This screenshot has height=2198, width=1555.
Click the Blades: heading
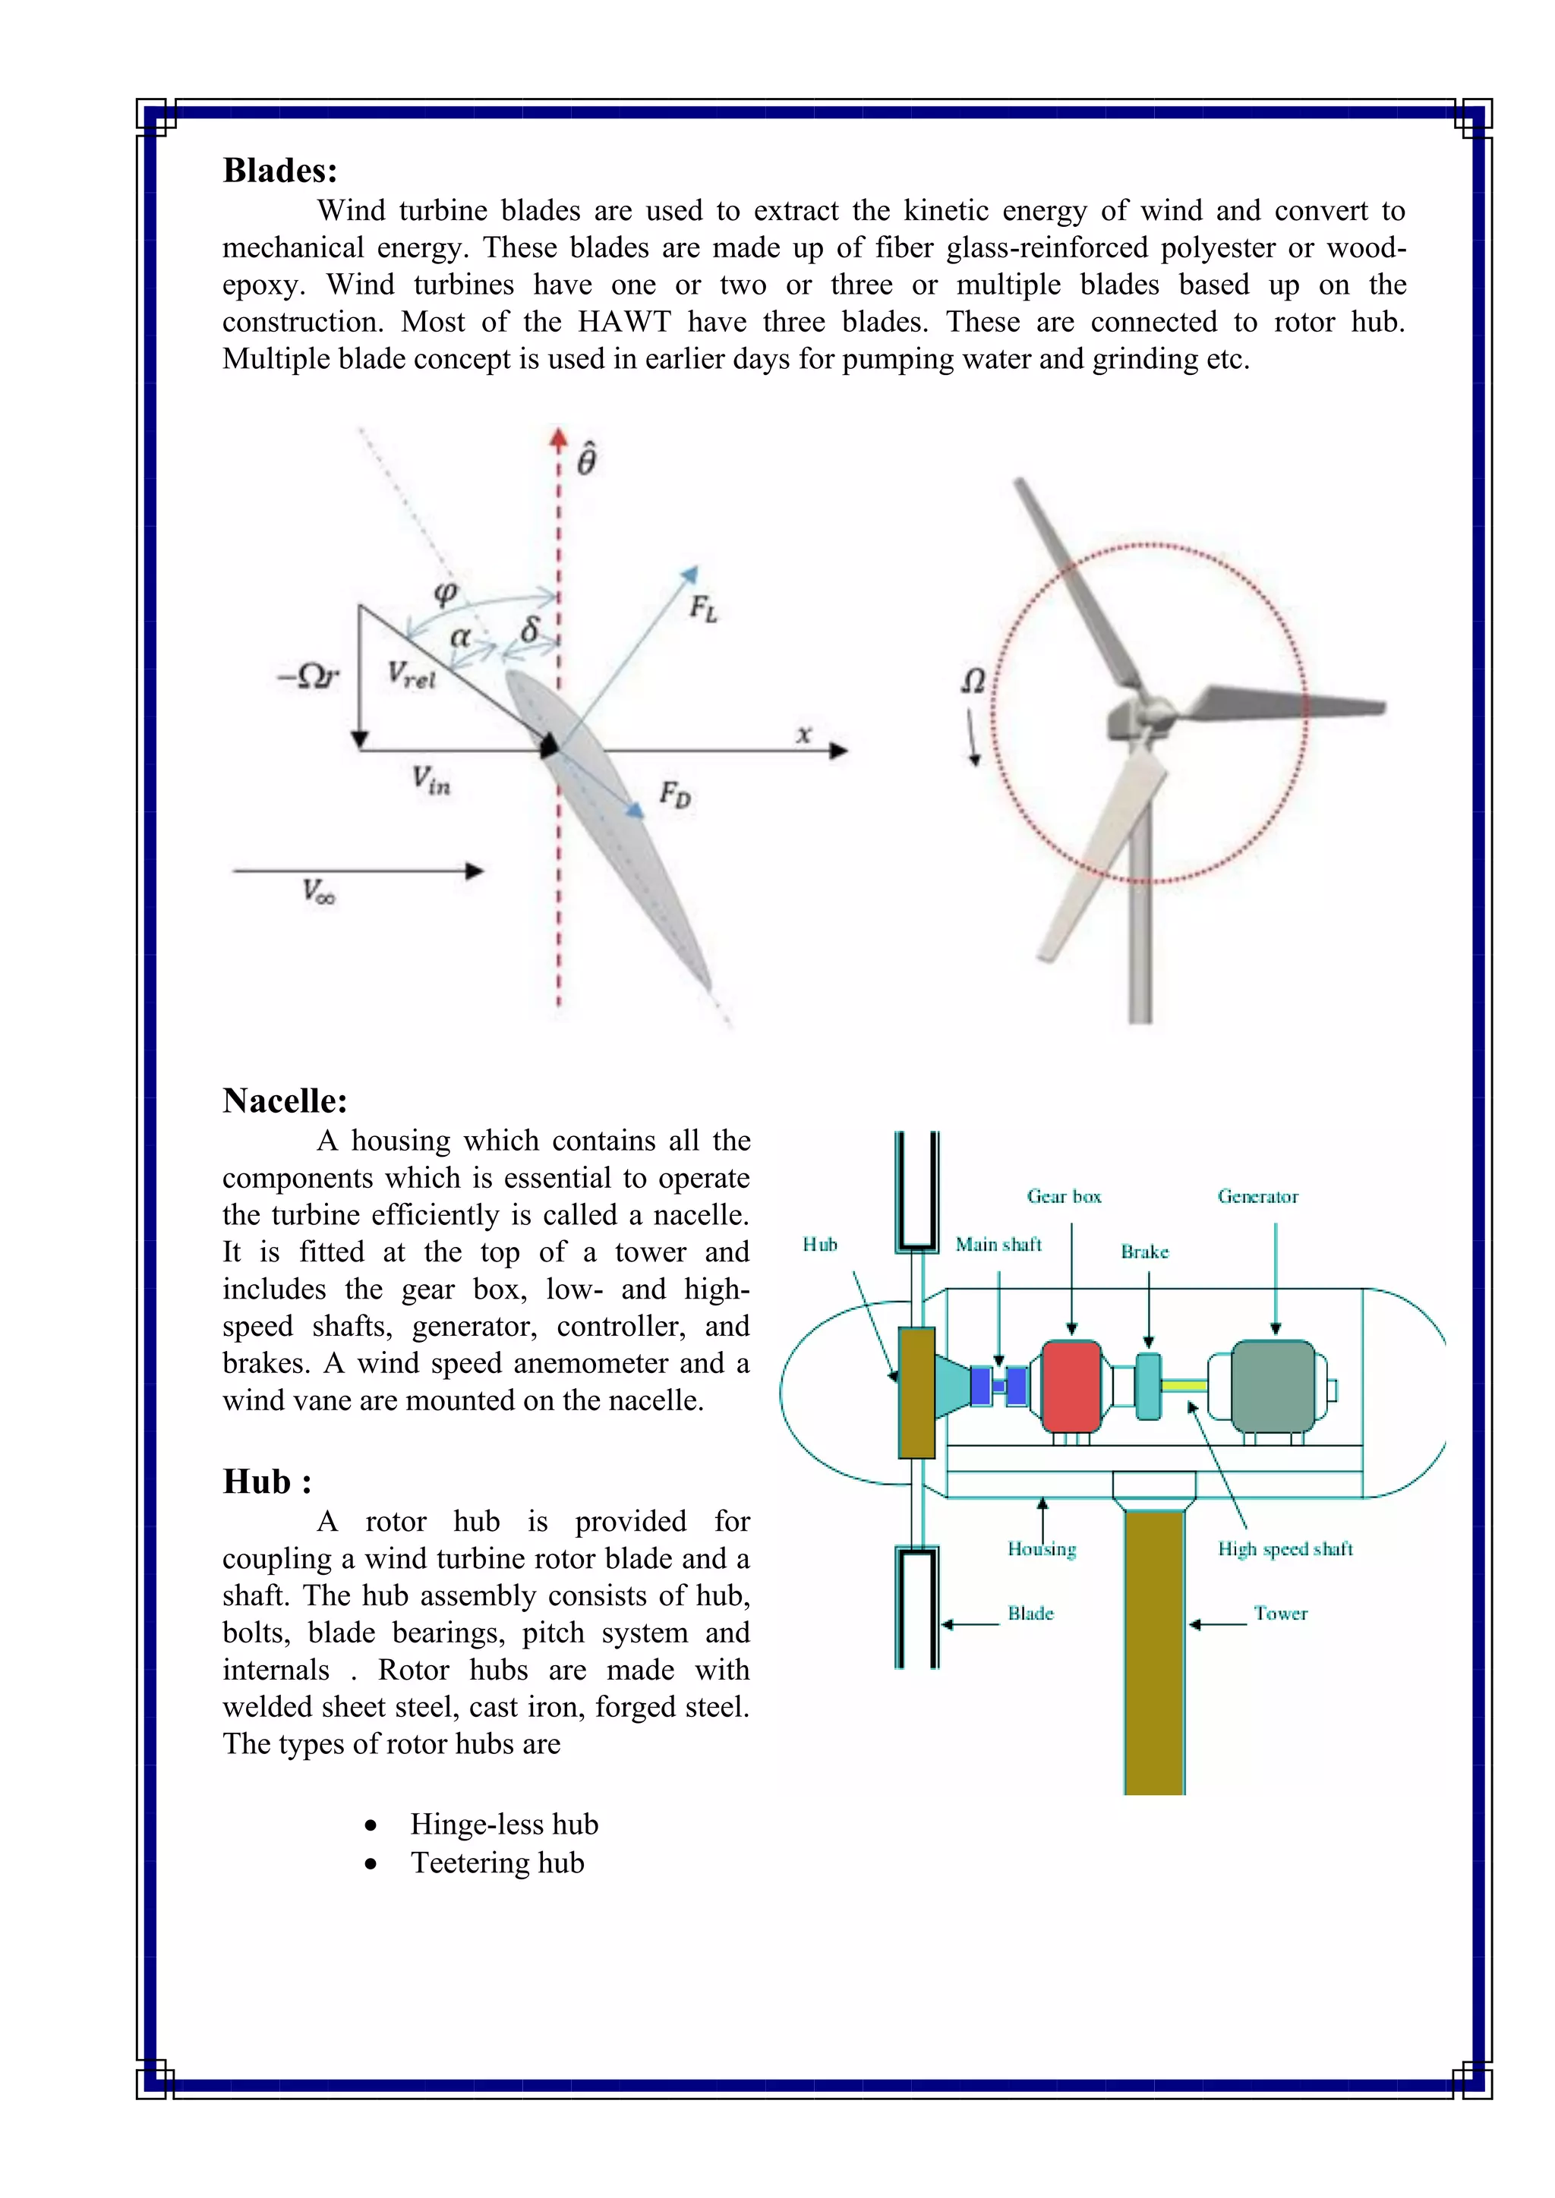point(279,171)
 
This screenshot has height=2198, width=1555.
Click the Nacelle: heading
point(285,1101)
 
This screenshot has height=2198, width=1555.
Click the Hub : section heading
point(267,1482)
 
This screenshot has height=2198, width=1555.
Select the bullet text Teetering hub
point(497,1863)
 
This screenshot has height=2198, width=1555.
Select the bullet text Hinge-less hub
point(503,1825)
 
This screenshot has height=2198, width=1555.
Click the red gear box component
point(1071,1385)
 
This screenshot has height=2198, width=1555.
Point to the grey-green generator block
point(1273,1385)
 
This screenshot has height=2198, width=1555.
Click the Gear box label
point(1064,1197)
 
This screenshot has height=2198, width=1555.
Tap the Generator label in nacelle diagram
point(1257,1197)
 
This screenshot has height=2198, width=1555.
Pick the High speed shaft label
point(1285,1549)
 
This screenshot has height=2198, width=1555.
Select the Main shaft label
point(998,1245)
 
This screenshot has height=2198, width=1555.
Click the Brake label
point(1144,1252)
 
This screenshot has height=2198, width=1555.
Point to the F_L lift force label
point(704,608)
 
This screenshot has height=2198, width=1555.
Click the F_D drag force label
point(674,794)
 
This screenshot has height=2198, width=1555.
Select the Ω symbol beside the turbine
point(973,682)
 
